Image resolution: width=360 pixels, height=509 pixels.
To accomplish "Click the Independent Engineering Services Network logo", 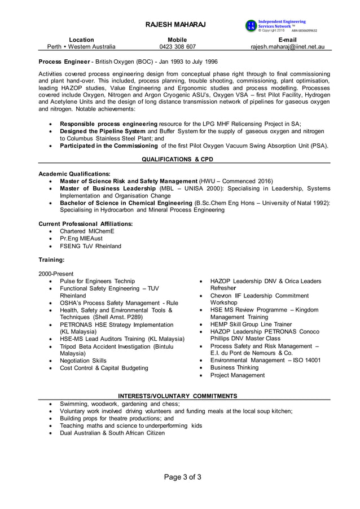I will click(280, 25).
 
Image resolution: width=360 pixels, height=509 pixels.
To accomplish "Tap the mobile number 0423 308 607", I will click(177, 47).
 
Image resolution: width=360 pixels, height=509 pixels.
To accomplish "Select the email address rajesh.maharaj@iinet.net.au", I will click(287, 47).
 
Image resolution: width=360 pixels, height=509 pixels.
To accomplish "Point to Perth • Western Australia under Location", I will click(81, 47).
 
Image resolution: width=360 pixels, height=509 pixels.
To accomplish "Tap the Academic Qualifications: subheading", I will click(74, 173).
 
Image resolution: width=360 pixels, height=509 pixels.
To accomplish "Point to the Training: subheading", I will click(51, 260).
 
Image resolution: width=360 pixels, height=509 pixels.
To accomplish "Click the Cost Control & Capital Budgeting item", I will click(104, 368).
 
